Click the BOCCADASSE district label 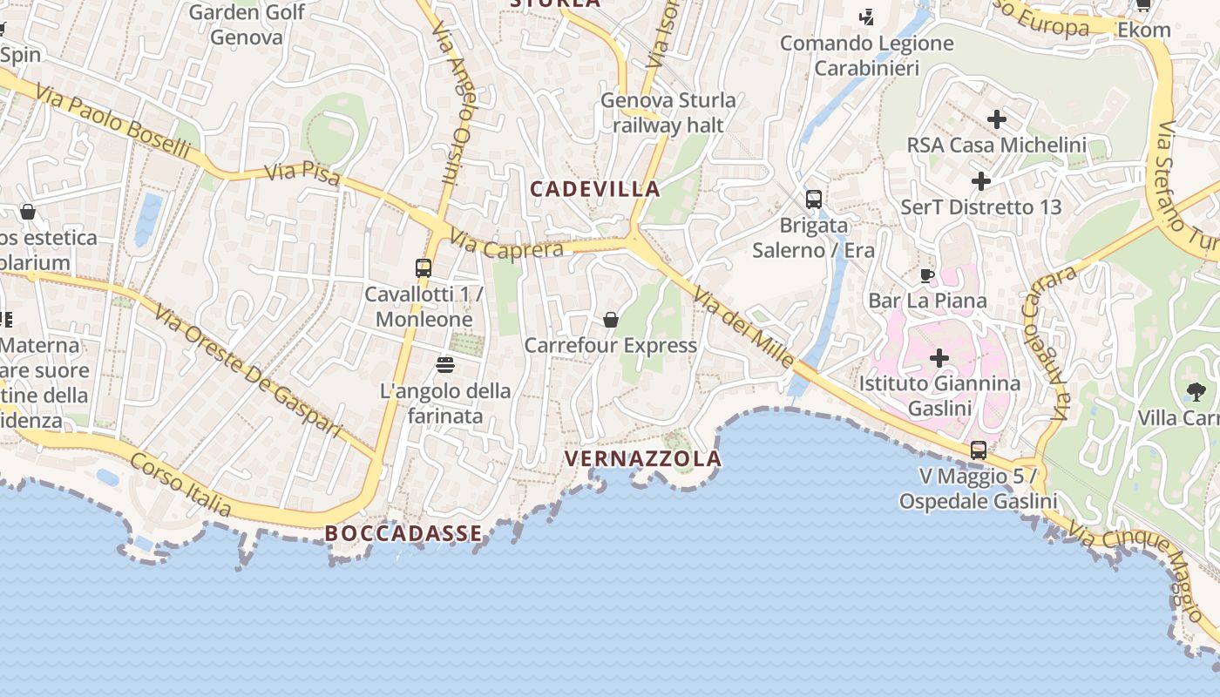click(403, 533)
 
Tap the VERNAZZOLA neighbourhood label click(643, 458)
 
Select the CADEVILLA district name click(595, 189)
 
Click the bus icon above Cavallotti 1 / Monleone click(424, 268)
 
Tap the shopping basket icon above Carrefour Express click(611, 320)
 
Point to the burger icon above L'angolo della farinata click(445, 364)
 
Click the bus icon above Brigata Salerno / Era click(814, 200)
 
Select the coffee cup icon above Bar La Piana click(927, 276)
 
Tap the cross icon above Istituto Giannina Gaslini click(939, 358)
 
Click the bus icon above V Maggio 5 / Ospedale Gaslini click(979, 450)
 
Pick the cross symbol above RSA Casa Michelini click(997, 118)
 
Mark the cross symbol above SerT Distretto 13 click(981, 181)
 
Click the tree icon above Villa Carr click(1196, 392)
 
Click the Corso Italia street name click(180, 484)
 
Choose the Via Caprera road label click(507, 244)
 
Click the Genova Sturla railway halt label click(668, 112)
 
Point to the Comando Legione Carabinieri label click(867, 55)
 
